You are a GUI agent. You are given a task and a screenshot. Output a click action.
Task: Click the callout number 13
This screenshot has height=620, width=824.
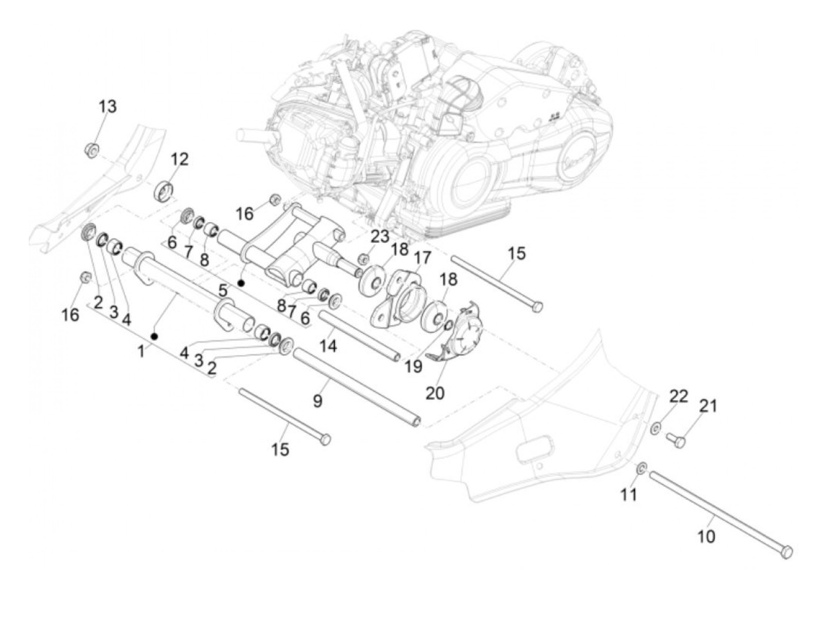pyautogui.click(x=107, y=107)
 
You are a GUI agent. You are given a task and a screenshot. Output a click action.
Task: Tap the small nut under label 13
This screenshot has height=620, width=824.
pyautogui.click(x=92, y=150)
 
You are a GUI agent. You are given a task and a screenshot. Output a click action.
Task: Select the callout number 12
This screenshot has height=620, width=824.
pyautogui.click(x=180, y=159)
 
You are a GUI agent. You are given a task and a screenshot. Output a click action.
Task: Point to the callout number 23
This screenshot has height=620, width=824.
pyautogui.click(x=380, y=237)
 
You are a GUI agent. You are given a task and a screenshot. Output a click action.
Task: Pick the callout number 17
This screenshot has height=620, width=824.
pyautogui.click(x=422, y=258)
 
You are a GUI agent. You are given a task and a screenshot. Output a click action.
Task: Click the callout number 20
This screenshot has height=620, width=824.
pyautogui.click(x=435, y=392)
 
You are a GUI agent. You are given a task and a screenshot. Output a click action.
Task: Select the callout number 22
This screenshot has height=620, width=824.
pyautogui.click(x=679, y=396)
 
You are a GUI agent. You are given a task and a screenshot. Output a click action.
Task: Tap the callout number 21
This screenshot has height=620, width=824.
pyautogui.click(x=708, y=405)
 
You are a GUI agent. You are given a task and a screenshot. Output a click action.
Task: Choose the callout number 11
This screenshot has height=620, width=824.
pyautogui.click(x=629, y=494)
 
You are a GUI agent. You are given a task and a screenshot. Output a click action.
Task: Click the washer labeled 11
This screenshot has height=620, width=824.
pyautogui.click(x=642, y=469)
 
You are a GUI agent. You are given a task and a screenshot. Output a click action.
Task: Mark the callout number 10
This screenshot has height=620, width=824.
pyautogui.click(x=706, y=536)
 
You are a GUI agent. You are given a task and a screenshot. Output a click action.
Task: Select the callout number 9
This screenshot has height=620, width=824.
pyautogui.click(x=318, y=401)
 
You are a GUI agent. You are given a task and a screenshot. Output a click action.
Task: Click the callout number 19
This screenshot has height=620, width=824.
pyautogui.click(x=414, y=366)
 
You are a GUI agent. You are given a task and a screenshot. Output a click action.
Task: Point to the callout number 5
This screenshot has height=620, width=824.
pyautogui.click(x=222, y=290)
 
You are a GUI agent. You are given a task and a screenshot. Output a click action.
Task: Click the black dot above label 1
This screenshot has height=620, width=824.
pyautogui.click(x=154, y=337)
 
